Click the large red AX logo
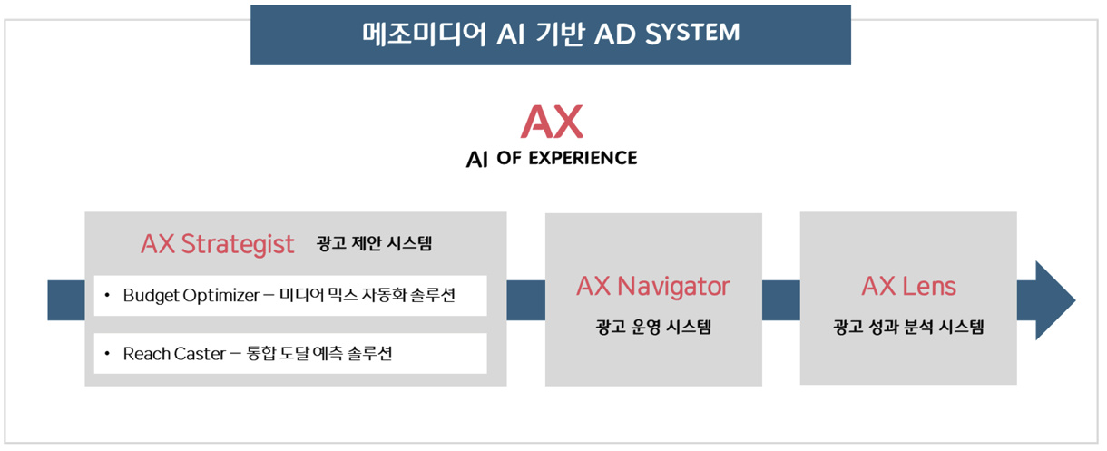tap(552, 120)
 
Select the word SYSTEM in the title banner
tap(692, 34)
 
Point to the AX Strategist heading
tap(218, 243)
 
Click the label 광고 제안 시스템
tap(375, 243)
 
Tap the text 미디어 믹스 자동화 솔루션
tap(367, 296)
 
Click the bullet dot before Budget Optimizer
tap(107, 296)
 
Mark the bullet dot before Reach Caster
tap(107, 354)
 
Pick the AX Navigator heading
tap(652, 286)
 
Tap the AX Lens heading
tap(908, 286)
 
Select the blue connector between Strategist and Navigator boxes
tap(525, 300)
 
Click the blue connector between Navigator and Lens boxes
tap(780, 300)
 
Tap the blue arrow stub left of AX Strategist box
tap(66, 300)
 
